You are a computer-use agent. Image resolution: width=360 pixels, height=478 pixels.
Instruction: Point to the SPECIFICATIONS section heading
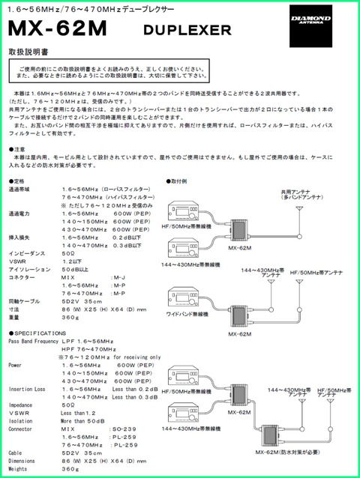point(37,331)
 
